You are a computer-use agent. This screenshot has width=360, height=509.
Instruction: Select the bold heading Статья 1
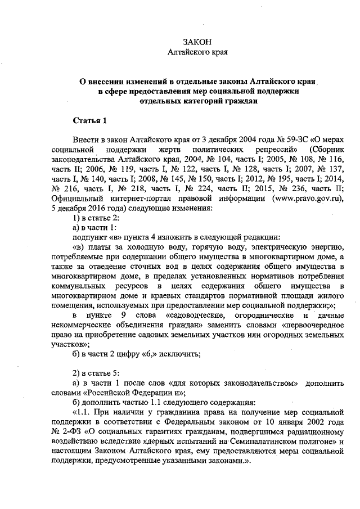click(x=89, y=121)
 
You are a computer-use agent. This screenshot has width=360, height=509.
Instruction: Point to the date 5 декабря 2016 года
click(x=90, y=209)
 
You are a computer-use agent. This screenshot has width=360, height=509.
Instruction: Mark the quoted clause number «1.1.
click(x=83, y=413)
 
